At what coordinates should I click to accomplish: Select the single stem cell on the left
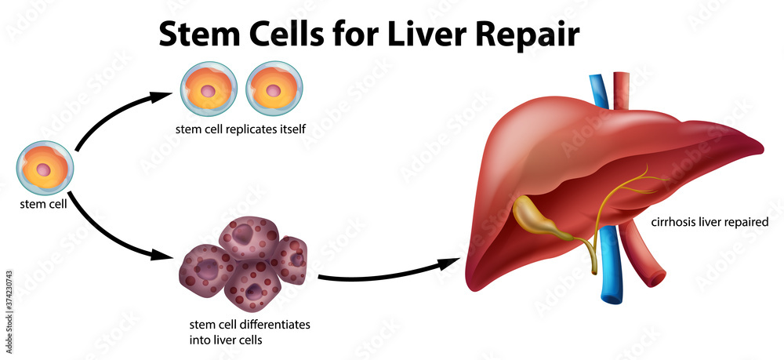click(x=45, y=169)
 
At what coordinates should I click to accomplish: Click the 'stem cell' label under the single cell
click(x=43, y=204)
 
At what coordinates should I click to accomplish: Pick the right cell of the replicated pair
click(x=274, y=89)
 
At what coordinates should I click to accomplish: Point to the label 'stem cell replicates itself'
click(x=241, y=129)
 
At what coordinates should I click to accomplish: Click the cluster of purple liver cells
click(x=244, y=263)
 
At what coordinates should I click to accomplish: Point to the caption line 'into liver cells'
click(x=226, y=340)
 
